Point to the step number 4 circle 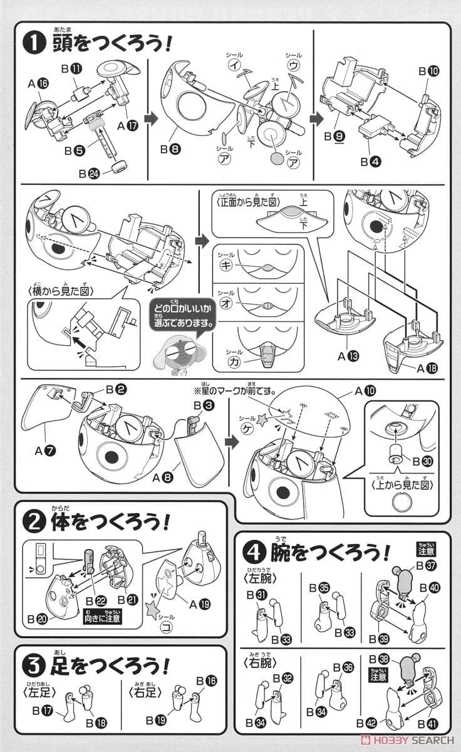[x=254, y=551]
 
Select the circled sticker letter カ [x=225, y=362]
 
